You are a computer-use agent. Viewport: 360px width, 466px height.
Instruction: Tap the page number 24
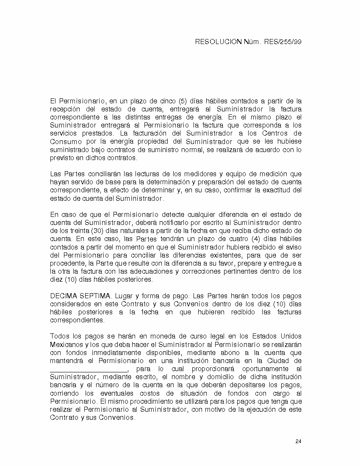tap(298, 441)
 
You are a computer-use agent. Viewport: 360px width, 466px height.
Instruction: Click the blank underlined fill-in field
tap(89, 369)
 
